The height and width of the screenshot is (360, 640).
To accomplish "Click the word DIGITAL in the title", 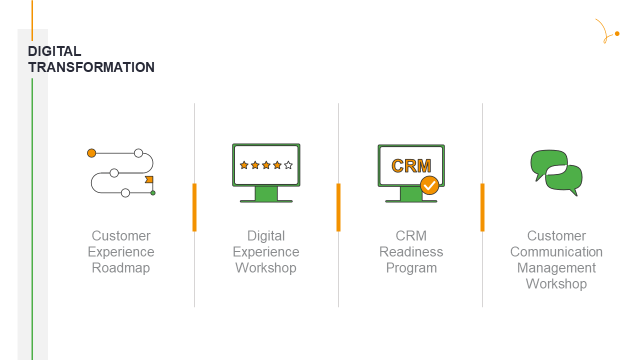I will (x=54, y=51).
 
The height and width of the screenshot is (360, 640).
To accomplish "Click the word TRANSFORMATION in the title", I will (x=91, y=67).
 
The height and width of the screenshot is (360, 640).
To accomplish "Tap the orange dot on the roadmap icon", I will (x=91, y=153).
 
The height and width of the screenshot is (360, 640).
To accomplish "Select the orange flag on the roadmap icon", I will (x=149, y=179).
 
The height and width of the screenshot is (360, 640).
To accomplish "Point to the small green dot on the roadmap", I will (x=153, y=193).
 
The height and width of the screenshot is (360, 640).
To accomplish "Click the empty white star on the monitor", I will (x=288, y=165).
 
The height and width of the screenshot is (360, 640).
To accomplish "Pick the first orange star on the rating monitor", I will (x=244, y=165).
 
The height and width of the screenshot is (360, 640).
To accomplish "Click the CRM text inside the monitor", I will (x=411, y=165).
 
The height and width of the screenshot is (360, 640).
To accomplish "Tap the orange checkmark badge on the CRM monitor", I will (x=429, y=185).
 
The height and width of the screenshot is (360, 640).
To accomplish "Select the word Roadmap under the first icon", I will (x=121, y=267).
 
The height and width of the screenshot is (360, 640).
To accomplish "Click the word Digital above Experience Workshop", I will (x=266, y=235).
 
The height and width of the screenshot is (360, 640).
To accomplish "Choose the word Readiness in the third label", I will (x=411, y=251).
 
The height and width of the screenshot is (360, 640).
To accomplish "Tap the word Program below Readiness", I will (x=411, y=267).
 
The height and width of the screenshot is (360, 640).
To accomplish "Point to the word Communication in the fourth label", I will (x=556, y=251).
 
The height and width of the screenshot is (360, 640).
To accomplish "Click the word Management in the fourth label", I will (x=556, y=267).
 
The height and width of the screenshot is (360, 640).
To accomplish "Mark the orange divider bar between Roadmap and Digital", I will (x=194, y=207).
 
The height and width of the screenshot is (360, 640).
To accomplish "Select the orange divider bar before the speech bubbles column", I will (x=482, y=207).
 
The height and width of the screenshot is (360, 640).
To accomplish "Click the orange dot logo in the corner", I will (x=617, y=33).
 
